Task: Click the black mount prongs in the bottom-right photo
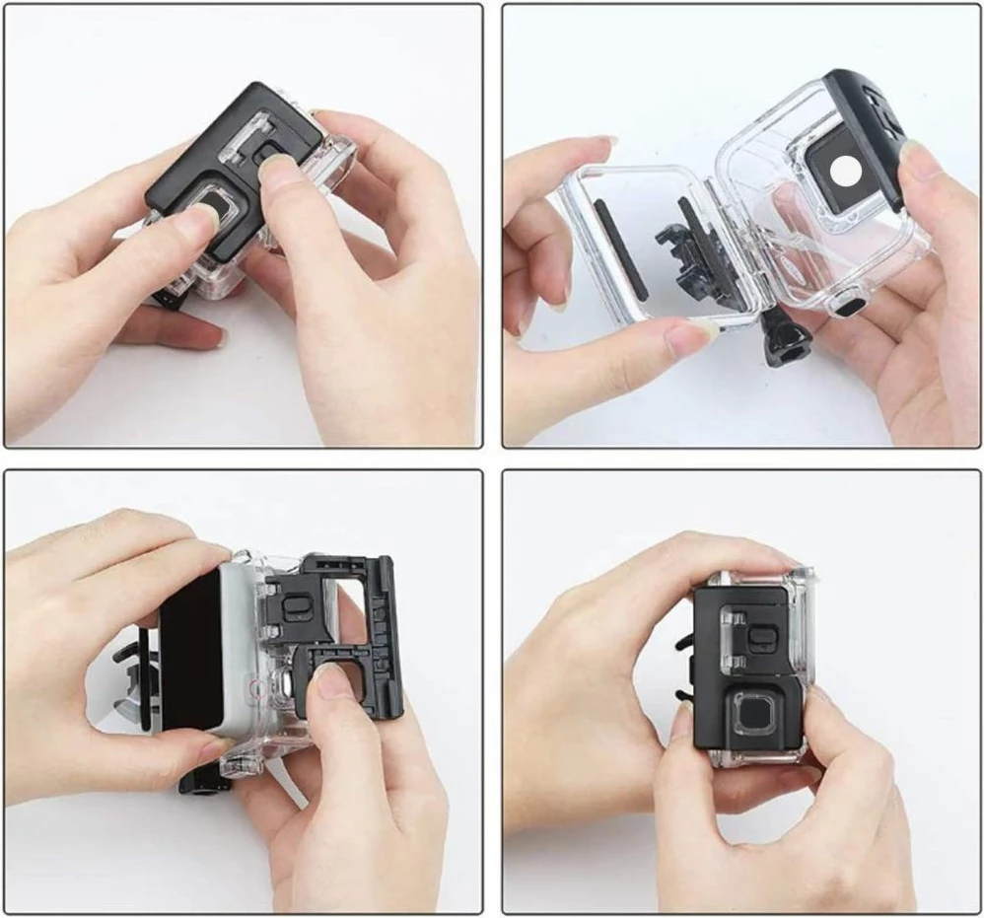[684, 671]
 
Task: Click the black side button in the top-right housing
[846, 306]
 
